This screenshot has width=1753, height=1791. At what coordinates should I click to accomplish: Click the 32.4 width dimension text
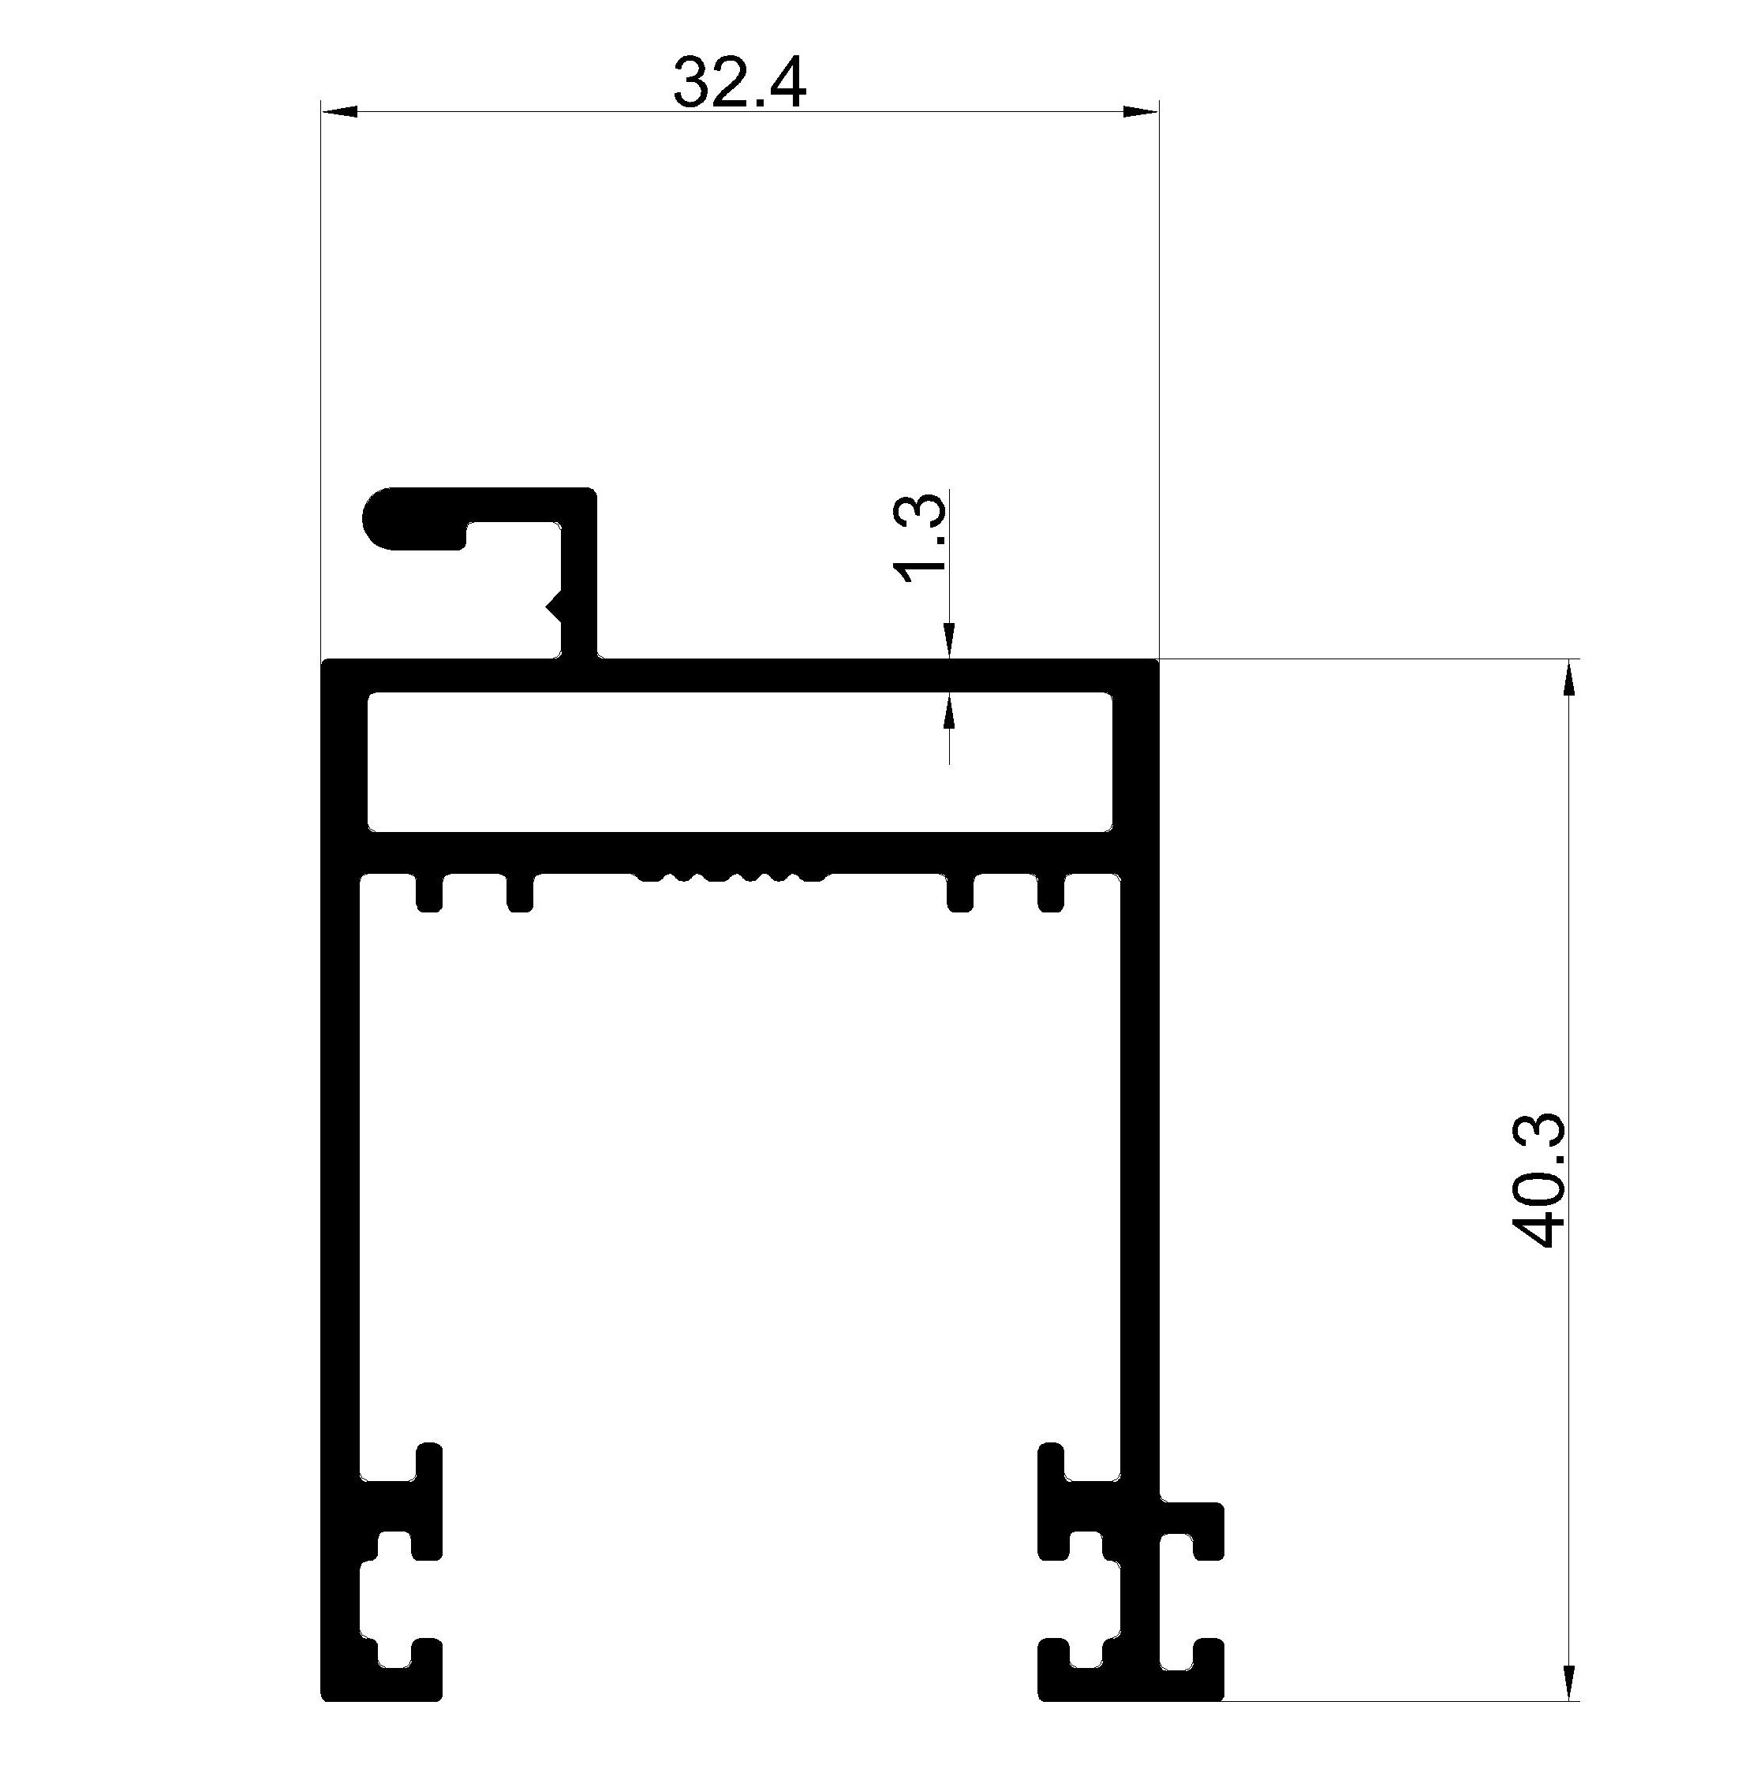[x=739, y=82]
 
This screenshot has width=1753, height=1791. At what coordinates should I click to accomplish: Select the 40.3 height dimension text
[x=1538, y=1180]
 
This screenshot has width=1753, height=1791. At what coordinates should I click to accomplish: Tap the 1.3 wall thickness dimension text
[x=920, y=539]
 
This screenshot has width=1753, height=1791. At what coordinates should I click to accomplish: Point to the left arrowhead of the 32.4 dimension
[x=338, y=112]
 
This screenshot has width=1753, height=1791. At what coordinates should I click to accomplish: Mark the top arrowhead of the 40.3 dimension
[x=1568, y=677]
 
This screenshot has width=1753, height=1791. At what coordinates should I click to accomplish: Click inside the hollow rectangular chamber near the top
[x=739, y=762]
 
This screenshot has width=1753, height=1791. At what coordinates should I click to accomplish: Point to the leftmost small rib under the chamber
[x=429, y=892]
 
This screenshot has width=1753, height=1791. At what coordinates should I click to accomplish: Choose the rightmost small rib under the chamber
[x=1052, y=892]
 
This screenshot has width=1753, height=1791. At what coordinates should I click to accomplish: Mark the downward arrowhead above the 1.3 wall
[x=949, y=641]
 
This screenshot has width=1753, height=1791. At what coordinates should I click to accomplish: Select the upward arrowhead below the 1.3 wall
[x=949, y=711]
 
